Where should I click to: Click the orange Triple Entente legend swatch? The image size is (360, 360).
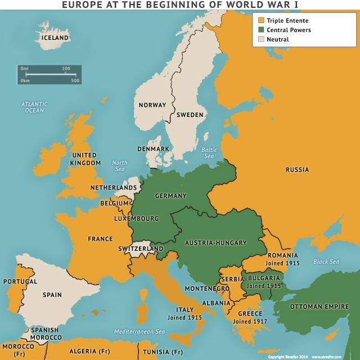tap(260, 21)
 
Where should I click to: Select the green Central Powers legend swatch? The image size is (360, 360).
tap(260, 30)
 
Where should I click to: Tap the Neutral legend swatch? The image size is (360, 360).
tap(260, 39)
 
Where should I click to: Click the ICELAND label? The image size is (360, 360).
tap(55, 38)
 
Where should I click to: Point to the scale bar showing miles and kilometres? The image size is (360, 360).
tap(49, 74)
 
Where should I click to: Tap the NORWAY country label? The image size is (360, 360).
tap(152, 105)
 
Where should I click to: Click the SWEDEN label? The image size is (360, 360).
tap(190, 115)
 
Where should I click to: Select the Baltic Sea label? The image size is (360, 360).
tap(209, 152)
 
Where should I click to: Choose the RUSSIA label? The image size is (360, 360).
tap(297, 169)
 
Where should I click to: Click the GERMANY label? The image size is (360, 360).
tap(170, 196)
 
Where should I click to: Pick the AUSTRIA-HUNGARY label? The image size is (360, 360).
tap(216, 243)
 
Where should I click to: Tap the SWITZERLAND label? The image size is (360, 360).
tap(141, 248)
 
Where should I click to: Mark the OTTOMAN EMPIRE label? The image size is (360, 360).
tap(322, 307)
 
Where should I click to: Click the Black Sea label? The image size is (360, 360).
tap(326, 262)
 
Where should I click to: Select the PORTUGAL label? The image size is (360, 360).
tap(20, 281)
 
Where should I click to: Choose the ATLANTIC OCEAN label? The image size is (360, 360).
tap(34, 107)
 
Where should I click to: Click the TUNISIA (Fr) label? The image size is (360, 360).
tap(161, 352)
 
